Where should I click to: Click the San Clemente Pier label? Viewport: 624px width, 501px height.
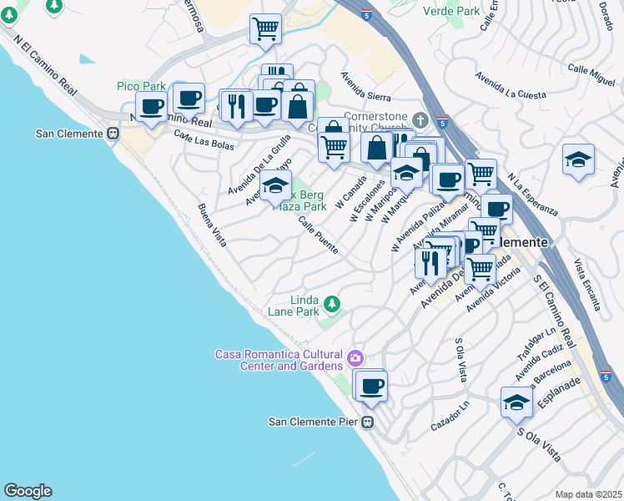[313, 422]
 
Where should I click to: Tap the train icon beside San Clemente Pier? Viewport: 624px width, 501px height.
[367, 422]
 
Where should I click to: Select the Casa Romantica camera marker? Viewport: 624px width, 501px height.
[356, 358]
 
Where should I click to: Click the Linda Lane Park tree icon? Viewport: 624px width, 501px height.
[332, 302]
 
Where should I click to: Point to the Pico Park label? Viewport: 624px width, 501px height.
[141, 86]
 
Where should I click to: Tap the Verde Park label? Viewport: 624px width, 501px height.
[451, 11]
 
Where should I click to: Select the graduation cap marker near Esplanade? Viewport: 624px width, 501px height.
[516, 402]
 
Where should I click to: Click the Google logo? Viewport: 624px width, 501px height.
[28, 491]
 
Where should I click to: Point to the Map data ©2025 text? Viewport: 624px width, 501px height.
[588, 494]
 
